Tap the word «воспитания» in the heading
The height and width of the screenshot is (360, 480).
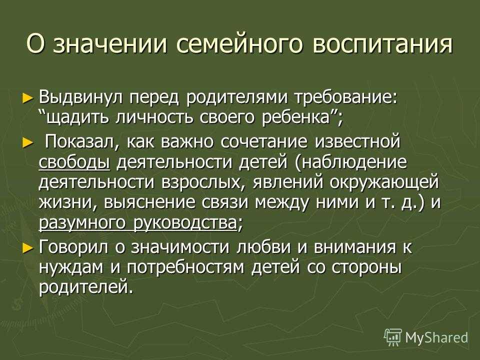382,44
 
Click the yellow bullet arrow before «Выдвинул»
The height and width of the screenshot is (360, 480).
27,98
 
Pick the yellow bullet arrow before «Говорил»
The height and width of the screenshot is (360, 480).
27,247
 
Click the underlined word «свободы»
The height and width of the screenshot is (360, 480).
74,162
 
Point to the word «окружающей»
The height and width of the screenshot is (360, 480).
384,183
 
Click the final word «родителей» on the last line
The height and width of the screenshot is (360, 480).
86,287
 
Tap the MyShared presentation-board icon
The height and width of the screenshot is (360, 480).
393,337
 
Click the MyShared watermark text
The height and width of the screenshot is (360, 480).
436,337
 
